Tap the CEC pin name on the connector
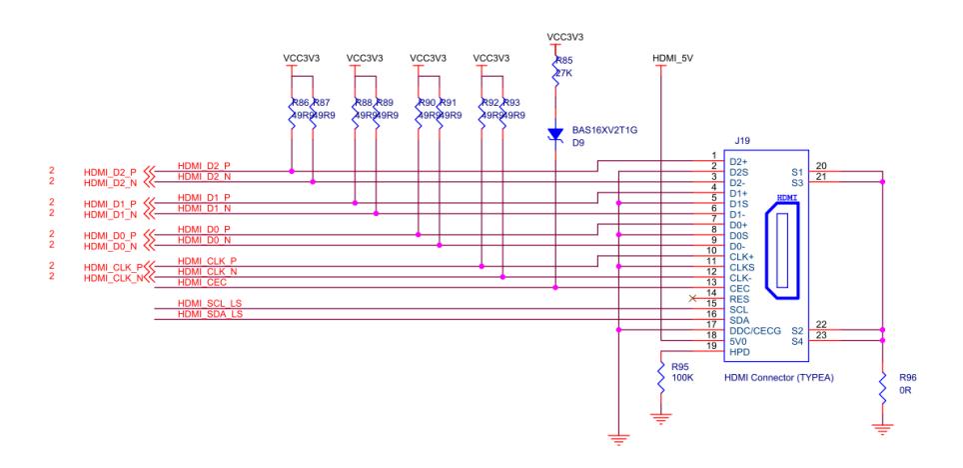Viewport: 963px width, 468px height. tap(740, 288)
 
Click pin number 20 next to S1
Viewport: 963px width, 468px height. tap(821, 166)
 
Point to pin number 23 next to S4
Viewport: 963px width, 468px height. tap(821, 335)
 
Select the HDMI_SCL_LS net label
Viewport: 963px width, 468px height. tap(210, 303)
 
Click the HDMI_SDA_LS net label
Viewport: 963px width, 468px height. tap(210, 314)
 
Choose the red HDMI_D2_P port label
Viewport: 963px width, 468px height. tap(111, 171)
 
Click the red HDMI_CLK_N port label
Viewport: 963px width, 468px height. tap(111, 277)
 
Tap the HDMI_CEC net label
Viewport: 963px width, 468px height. tap(201, 282)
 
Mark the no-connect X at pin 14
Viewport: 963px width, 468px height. tap(692, 298)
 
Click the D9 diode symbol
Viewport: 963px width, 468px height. tap(555, 134)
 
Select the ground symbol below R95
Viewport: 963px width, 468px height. tap(660, 417)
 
